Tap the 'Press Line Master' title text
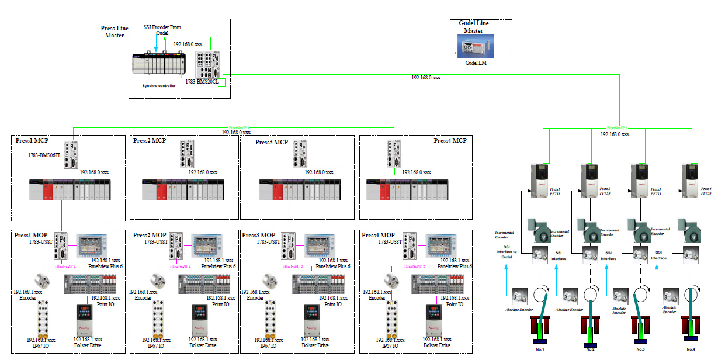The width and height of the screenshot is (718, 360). (x=114, y=31)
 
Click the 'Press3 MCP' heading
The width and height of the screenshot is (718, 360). (x=272, y=142)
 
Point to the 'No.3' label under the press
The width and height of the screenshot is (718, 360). (x=641, y=349)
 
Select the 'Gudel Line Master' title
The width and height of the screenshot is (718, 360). (x=474, y=27)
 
